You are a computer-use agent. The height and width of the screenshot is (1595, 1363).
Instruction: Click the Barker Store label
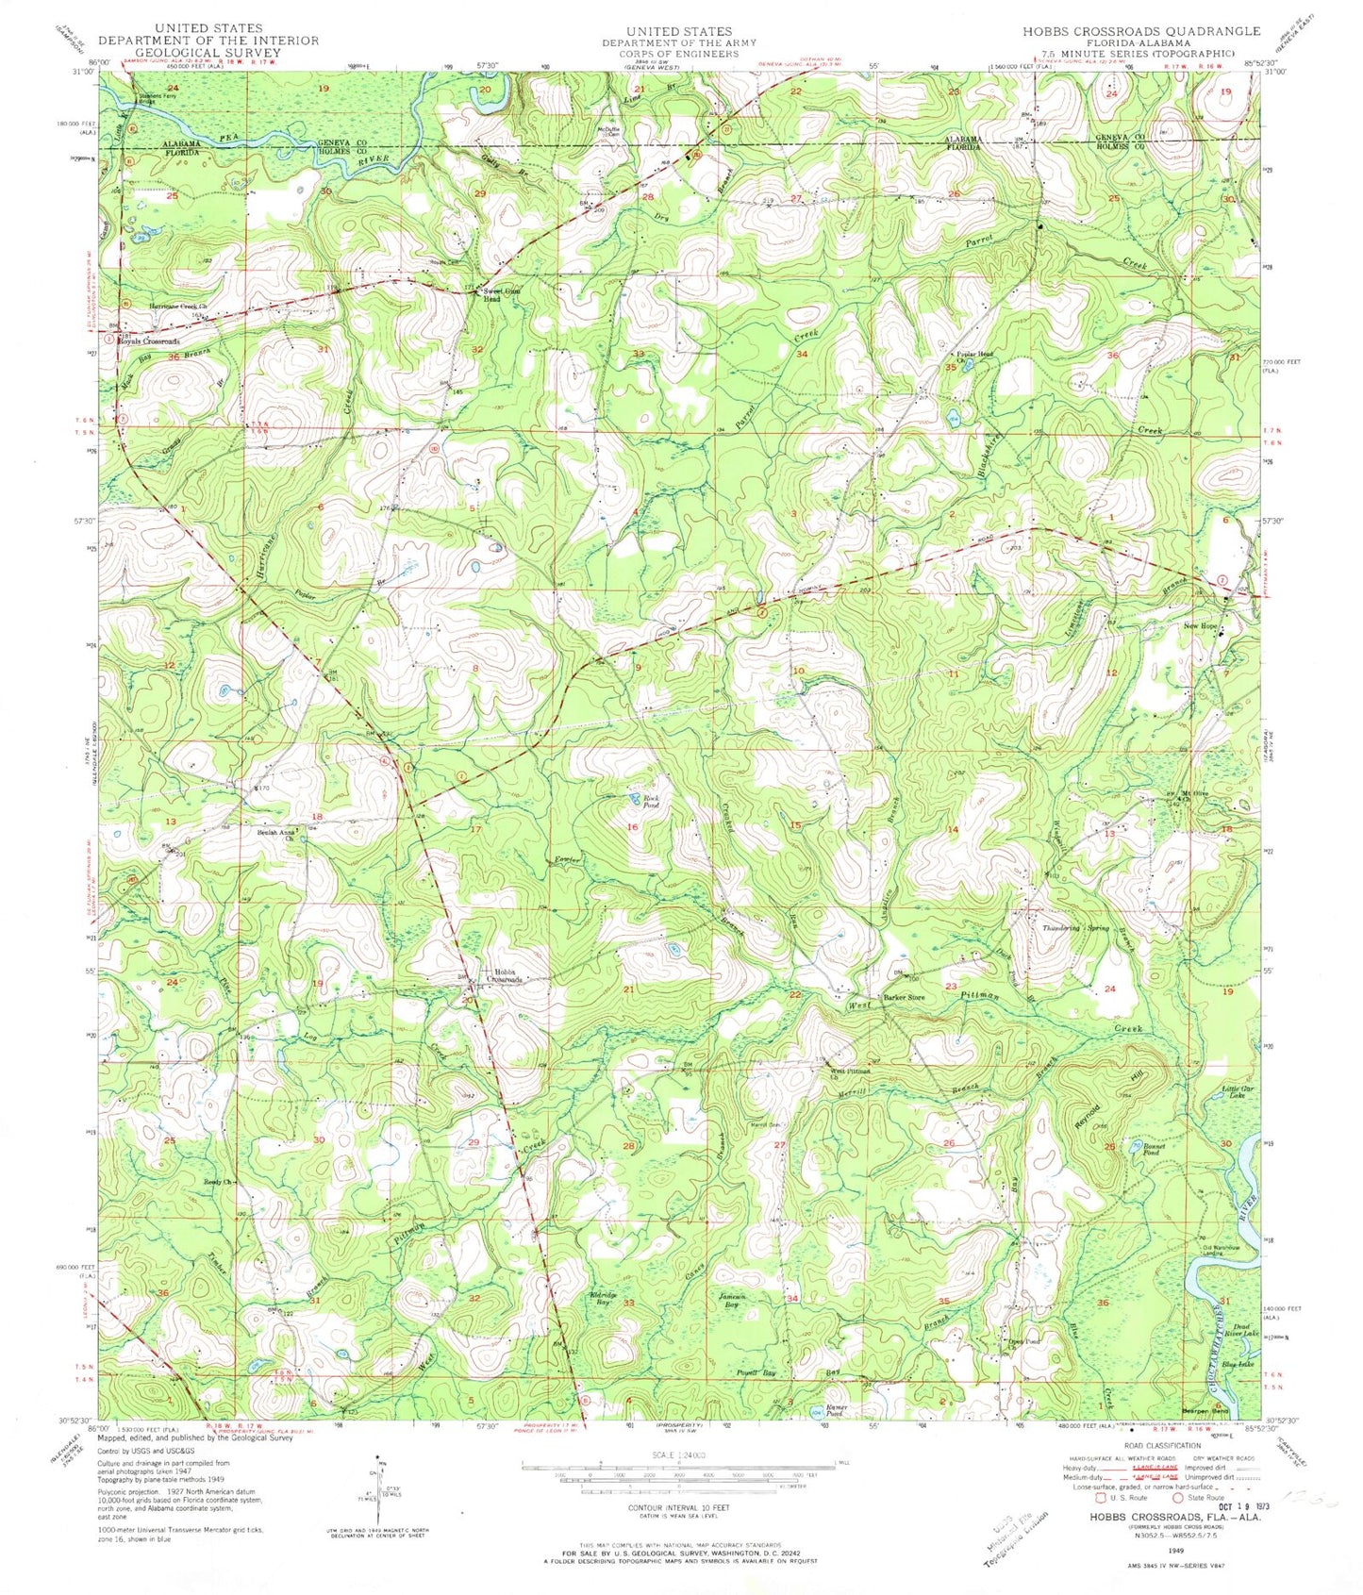[903, 997]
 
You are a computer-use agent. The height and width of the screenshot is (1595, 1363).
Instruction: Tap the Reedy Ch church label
[210, 1182]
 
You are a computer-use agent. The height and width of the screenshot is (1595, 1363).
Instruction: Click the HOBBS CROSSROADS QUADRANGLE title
[1140, 31]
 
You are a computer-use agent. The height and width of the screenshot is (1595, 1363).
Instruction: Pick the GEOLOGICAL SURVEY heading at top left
[208, 54]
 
